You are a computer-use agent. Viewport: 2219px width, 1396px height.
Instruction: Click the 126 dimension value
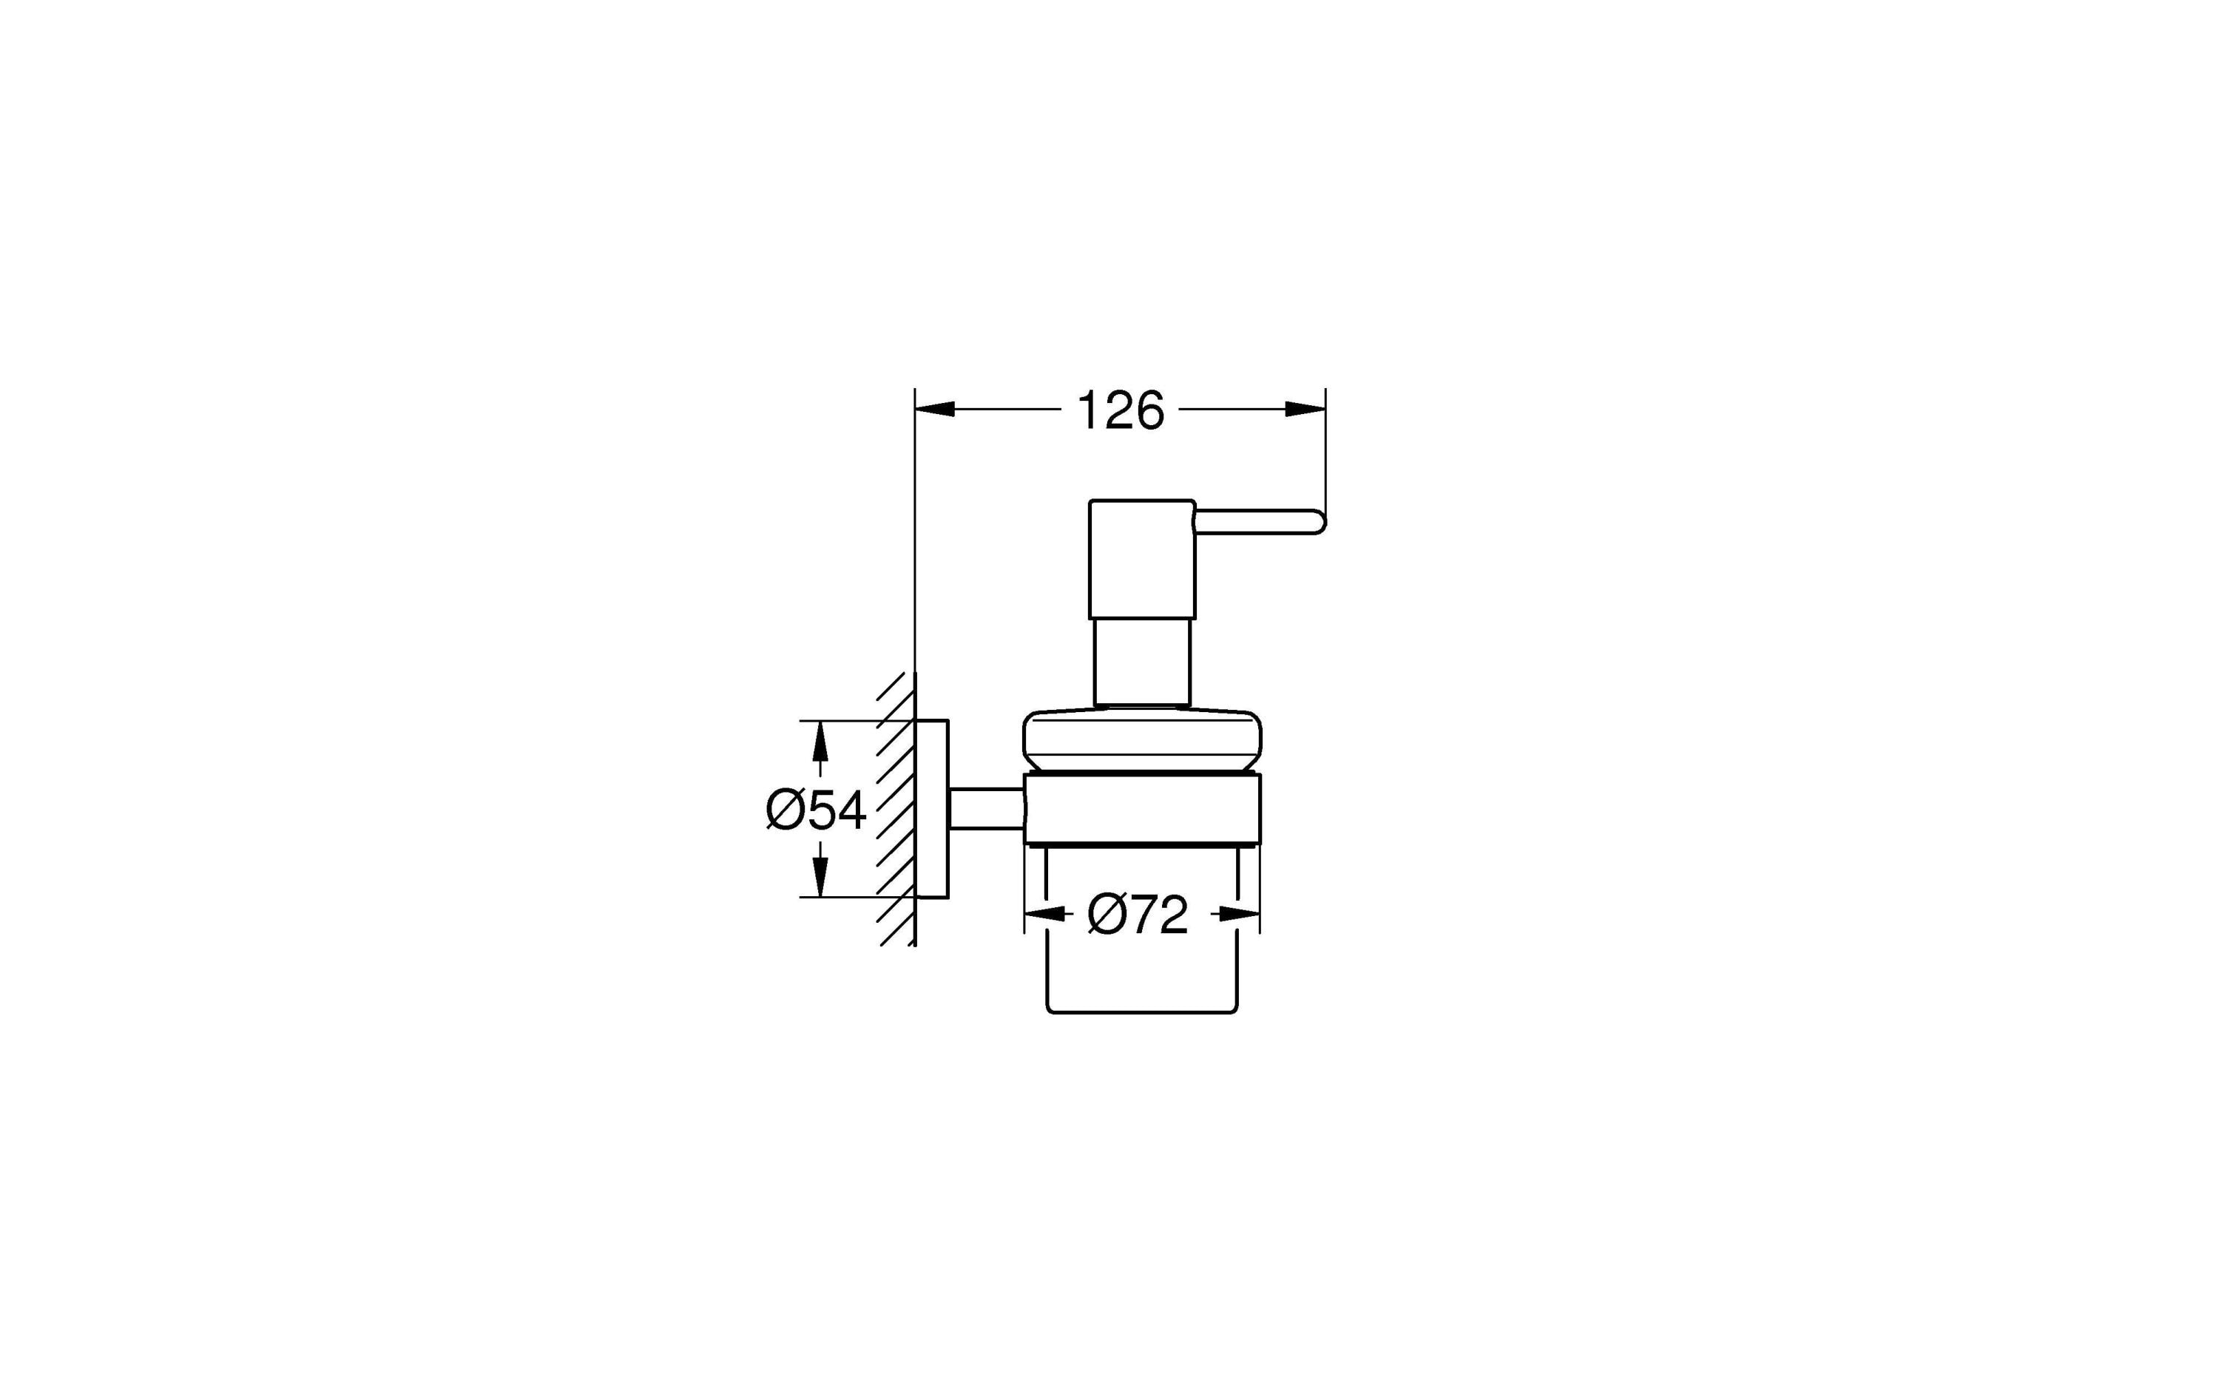click(x=1120, y=411)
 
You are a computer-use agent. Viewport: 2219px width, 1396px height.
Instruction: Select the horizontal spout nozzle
click(x=1258, y=521)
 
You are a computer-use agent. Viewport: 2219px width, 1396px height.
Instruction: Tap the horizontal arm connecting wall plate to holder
click(x=986, y=809)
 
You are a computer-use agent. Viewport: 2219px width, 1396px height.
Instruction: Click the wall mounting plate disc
click(x=932, y=808)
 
